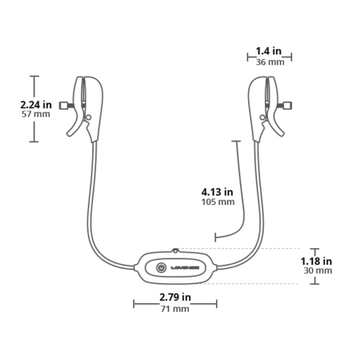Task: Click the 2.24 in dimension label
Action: [36, 105]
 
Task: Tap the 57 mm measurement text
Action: [36, 114]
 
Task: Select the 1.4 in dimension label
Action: [269, 50]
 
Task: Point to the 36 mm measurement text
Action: [270, 62]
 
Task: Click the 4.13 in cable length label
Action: [217, 192]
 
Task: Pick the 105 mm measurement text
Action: [218, 202]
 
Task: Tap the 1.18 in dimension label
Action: [316, 261]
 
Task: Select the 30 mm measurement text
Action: [318, 270]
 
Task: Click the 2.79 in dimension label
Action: [175, 297]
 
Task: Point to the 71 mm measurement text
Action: [175, 309]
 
